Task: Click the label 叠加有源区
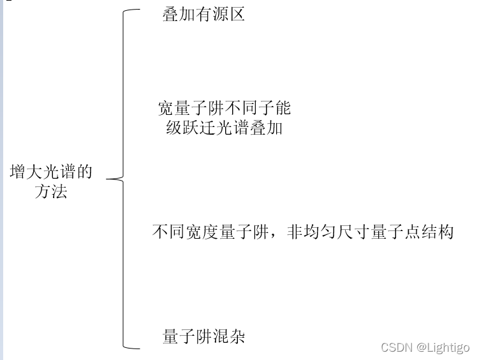click(x=203, y=15)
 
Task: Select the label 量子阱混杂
click(x=203, y=336)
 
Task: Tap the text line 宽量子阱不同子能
click(x=224, y=107)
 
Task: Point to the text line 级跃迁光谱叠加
click(x=224, y=128)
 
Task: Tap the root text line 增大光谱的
click(x=51, y=172)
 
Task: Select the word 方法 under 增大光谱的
click(x=51, y=191)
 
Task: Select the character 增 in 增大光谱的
click(x=18, y=172)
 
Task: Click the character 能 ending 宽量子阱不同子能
click(x=283, y=107)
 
